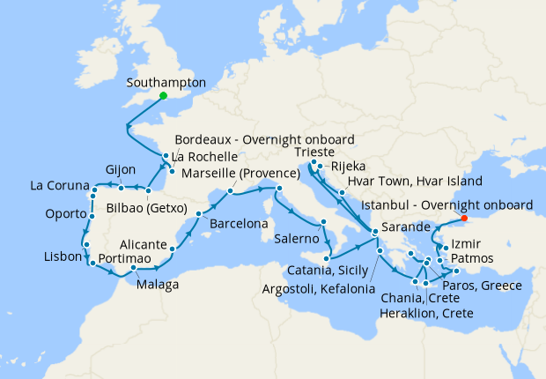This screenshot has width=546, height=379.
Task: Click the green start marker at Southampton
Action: pos(163,97)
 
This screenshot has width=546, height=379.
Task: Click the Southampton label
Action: pos(166,83)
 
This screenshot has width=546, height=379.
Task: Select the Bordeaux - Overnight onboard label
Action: pos(264,140)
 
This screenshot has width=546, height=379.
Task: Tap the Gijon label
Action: pos(98,168)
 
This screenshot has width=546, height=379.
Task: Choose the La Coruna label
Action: pos(59,186)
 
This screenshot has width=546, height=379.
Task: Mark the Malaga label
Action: pos(159,285)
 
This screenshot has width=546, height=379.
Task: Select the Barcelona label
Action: pos(239,225)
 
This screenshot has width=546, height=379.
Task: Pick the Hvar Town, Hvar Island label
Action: pos(415,181)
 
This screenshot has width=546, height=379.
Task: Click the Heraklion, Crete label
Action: pos(426,313)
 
